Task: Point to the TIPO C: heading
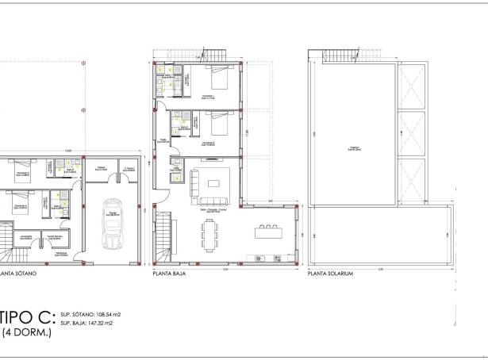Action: click(x=27, y=318)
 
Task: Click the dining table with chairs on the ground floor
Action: click(x=211, y=233)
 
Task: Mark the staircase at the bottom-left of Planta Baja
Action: click(x=163, y=238)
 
